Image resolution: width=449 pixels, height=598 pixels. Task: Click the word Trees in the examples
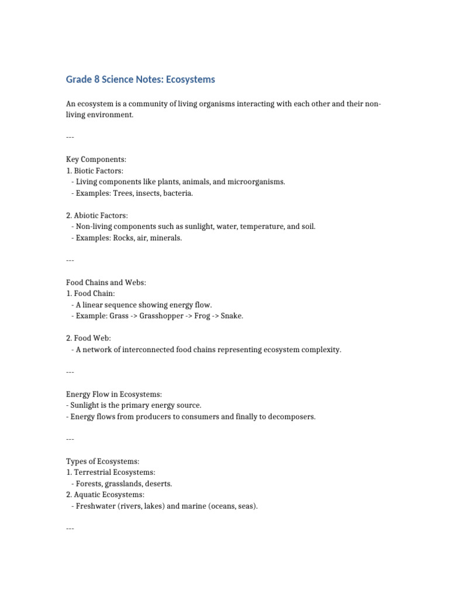125,193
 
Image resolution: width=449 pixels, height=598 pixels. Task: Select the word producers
154,417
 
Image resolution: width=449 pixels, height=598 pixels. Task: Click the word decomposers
290,417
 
